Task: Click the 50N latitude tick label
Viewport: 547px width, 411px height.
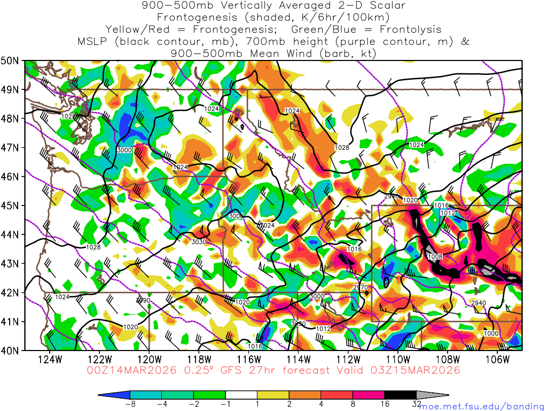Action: [11, 60]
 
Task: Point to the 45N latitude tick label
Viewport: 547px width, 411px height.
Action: [11, 205]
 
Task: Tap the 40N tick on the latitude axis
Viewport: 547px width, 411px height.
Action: [11, 351]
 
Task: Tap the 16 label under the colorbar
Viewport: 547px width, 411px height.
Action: [385, 405]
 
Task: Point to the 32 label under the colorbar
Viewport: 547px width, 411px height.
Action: [417, 405]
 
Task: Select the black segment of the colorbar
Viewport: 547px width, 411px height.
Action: [401, 395]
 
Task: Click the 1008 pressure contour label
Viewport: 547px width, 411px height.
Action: [435, 257]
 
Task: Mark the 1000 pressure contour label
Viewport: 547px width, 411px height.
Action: [490, 333]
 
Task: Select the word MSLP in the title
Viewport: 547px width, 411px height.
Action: [93, 42]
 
